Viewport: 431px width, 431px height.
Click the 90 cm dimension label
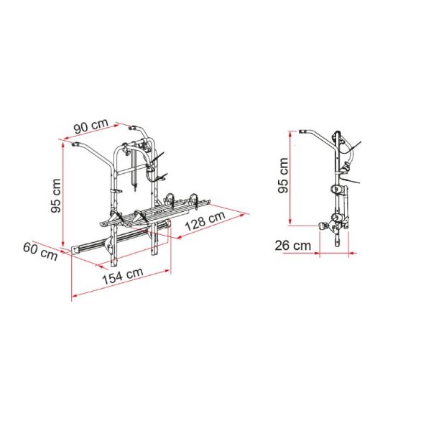coord(91,126)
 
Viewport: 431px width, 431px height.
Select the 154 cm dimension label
coord(123,276)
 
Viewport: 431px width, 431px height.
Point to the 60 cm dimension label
coord(40,251)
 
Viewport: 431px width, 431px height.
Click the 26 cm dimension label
coord(293,246)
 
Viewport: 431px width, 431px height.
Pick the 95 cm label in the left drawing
coord(56,195)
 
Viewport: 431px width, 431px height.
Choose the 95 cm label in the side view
coord(283,175)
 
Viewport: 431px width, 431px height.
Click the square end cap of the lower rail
coord(75,250)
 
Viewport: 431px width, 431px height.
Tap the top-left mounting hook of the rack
coord(75,144)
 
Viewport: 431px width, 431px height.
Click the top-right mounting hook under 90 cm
coord(134,128)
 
